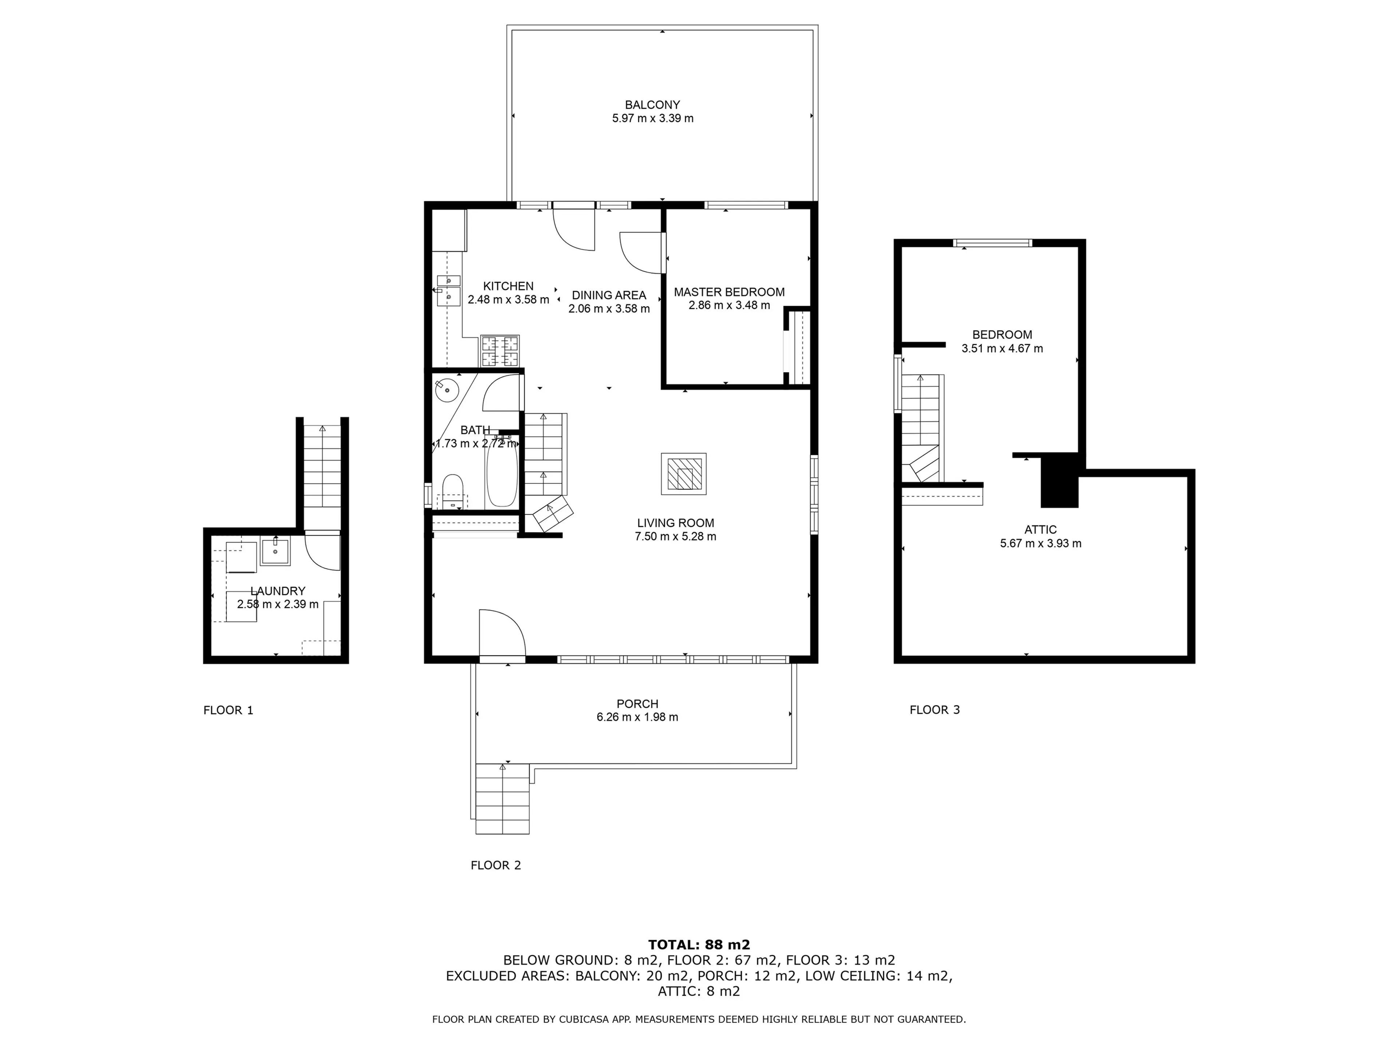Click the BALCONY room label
652,105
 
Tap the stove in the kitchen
500,351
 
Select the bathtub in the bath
502,474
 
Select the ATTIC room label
1040,530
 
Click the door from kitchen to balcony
574,227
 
